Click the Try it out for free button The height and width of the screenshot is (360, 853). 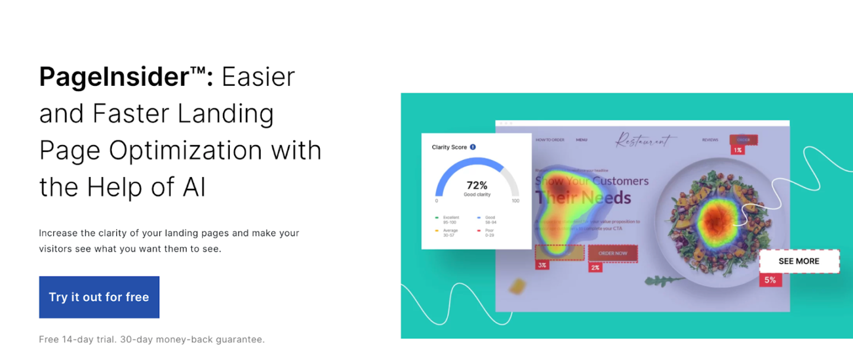[99, 297]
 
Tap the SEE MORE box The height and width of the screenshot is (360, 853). [799, 261]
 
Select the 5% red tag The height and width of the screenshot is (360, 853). [770, 280]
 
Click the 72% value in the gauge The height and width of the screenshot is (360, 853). [477, 185]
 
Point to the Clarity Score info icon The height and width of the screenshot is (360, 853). [473, 147]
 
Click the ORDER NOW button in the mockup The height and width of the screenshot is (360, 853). [613, 253]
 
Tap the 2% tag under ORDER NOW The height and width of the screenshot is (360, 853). [595, 268]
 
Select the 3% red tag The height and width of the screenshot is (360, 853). [541, 265]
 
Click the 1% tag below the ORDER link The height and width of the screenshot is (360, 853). [737, 150]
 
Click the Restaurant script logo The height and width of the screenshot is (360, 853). [645, 140]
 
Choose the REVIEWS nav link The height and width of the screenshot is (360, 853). [710, 140]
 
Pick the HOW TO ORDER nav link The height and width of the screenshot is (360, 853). [550, 140]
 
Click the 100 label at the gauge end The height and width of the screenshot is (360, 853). [515, 201]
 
